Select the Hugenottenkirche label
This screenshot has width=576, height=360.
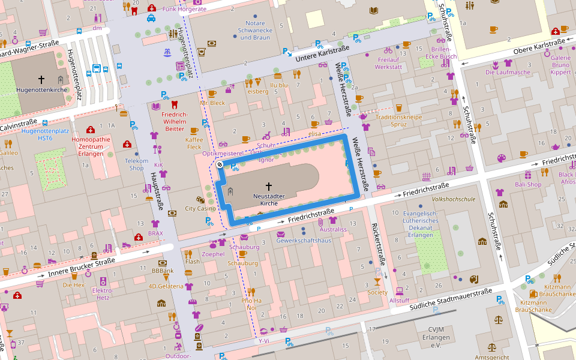[41, 90]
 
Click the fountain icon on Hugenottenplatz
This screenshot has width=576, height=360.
[167, 53]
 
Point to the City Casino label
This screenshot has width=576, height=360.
[200, 209]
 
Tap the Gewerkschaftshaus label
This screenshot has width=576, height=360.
[304, 241]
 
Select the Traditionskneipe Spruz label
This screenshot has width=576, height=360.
[399, 121]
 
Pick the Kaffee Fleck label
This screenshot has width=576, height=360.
[194, 143]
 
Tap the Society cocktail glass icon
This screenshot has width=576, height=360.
[377, 281]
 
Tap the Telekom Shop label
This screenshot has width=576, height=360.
[136, 164]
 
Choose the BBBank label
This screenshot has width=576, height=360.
[162, 271]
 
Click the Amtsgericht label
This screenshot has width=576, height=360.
[492, 356]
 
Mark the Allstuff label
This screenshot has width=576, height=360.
[399, 300]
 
